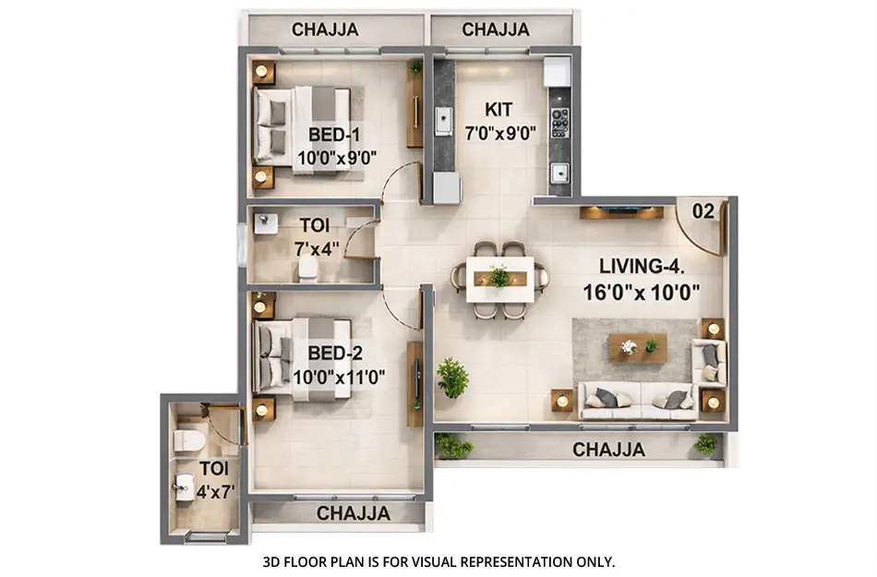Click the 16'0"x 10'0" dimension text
[642, 290]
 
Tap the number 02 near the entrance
[703, 211]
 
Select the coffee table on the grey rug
[638, 348]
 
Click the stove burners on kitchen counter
[559, 122]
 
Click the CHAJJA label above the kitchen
[496, 30]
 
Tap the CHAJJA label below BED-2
[354, 512]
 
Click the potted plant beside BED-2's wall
[452, 378]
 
